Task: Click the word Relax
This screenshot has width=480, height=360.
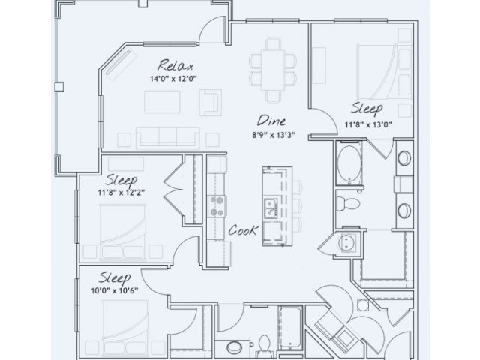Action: point(175,65)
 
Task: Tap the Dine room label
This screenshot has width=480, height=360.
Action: point(271,121)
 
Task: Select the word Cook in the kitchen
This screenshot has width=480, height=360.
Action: point(244,230)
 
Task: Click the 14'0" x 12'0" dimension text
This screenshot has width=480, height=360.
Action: point(173,79)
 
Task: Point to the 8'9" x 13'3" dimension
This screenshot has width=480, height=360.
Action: point(274,135)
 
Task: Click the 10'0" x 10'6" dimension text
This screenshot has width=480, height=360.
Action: point(115,290)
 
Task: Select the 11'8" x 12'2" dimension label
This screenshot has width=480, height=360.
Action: point(121,193)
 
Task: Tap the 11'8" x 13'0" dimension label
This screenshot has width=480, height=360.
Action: point(368,125)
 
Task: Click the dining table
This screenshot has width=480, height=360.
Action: point(273,70)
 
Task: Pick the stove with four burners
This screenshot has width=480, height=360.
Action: point(217,207)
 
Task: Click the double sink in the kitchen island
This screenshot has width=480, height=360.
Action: point(271,208)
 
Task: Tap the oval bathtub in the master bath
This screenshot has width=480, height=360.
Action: point(349,163)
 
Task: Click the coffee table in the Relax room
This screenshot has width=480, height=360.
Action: point(162,102)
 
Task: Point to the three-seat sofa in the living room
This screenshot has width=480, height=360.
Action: point(168,138)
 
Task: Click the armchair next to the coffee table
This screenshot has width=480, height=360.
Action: point(211,103)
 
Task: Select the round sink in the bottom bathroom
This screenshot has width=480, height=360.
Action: point(235,348)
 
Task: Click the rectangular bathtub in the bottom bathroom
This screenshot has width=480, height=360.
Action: point(290,327)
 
